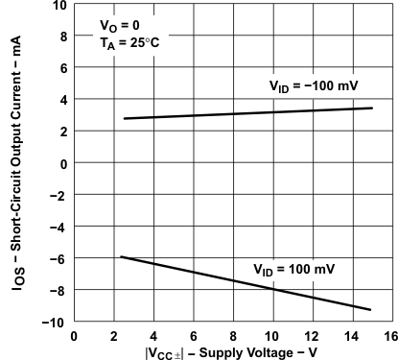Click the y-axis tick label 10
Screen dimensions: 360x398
59,6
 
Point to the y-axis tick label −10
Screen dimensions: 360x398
56,323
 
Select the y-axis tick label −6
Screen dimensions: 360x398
59,259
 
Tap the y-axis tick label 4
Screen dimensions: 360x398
62,100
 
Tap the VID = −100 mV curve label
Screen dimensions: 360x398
313,87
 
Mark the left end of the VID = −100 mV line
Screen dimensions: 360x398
125,118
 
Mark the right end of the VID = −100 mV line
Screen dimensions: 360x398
372,108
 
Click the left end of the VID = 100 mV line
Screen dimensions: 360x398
120,256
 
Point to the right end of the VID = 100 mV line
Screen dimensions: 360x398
371,309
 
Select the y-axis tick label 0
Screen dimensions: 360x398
62,164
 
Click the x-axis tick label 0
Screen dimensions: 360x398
75,336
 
